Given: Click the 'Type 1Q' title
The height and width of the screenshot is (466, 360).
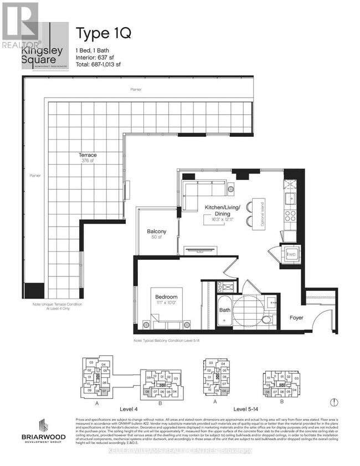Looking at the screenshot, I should point(103,33).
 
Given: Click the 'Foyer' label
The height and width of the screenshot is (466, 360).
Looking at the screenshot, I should point(296,318).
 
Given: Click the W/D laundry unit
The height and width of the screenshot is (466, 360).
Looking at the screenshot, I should point(291,255).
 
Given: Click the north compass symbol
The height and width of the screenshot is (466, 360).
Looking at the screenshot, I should point(333,403).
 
